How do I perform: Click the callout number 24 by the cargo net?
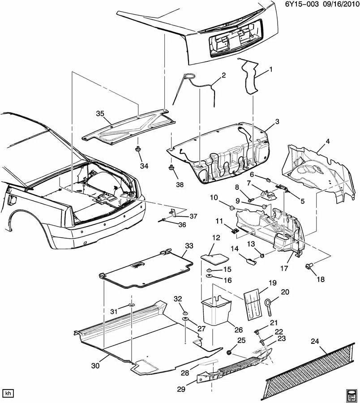click(x=314, y=342)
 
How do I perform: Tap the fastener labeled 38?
click(x=171, y=168)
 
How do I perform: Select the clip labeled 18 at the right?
click(x=309, y=266)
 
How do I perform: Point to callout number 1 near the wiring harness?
click(x=270, y=69)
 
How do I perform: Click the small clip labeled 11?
click(x=234, y=231)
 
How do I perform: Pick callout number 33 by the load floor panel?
click(x=189, y=245)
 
